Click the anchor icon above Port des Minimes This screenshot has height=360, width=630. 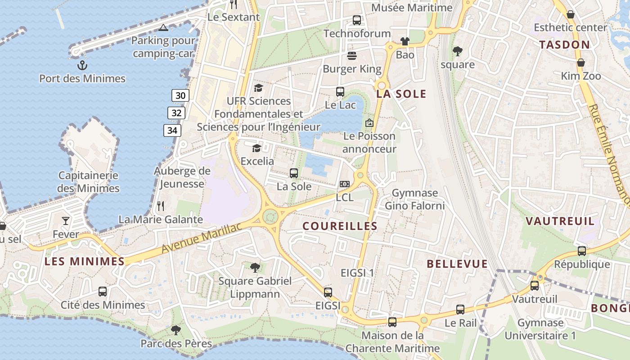pyautogui.click(x=82, y=66)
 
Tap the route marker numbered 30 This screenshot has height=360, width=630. pyautogui.click(x=180, y=95)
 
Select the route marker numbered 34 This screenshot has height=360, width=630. pyautogui.click(x=172, y=131)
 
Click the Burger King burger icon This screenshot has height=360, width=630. pyautogui.click(x=352, y=56)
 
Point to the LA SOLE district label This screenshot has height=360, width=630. pyautogui.click(x=401, y=94)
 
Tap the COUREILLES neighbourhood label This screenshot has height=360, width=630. pyautogui.click(x=340, y=226)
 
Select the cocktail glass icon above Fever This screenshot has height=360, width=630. pyautogui.click(x=66, y=220)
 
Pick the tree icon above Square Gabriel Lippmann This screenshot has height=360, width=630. pyautogui.click(x=255, y=268)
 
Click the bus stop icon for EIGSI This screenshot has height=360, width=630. pyautogui.click(x=328, y=292)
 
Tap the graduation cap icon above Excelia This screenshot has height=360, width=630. pyautogui.click(x=256, y=148)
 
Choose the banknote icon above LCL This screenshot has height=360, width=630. pyautogui.click(x=345, y=184)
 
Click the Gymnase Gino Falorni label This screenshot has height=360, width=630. pyautogui.click(x=414, y=199)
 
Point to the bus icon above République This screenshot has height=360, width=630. pyautogui.click(x=582, y=251)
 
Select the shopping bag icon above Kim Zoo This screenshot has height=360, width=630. pyautogui.click(x=581, y=63)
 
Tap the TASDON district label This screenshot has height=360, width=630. pyautogui.click(x=564, y=45)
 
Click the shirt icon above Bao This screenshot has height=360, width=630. pyautogui.click(x=405, y=42)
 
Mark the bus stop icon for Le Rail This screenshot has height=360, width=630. pyautogui.click(x=460, y=310)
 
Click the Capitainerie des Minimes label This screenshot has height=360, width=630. pyautogui.click(x=89, y=182)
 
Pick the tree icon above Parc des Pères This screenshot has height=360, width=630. pyautogui.click(x=176, y=330)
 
